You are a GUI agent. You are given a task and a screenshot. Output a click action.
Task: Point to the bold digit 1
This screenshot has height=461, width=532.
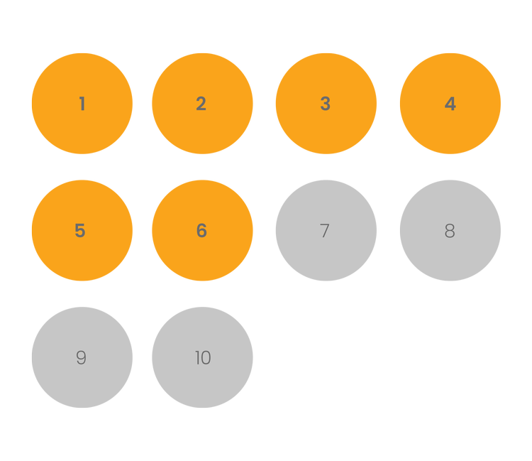tap(82, 104)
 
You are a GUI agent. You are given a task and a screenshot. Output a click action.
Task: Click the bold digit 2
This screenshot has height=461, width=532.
tap(201, 104)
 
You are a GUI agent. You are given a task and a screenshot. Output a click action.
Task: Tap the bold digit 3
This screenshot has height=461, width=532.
tap(326, 104)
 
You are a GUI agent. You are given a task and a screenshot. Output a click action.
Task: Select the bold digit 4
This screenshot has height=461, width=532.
tap(450, 104)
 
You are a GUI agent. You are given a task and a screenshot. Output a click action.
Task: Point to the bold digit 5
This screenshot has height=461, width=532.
tap(80, 231)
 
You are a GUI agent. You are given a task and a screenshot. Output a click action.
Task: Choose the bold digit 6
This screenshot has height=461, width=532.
tap(201, 231)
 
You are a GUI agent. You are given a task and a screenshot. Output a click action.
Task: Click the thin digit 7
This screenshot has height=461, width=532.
tap(325, 231)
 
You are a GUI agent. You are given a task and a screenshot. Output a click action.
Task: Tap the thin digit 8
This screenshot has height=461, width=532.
tap(450, 231)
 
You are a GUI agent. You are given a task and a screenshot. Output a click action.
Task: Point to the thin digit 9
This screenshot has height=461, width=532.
tap(82, 358)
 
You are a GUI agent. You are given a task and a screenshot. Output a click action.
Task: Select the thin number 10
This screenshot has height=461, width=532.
tap(203, 358)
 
